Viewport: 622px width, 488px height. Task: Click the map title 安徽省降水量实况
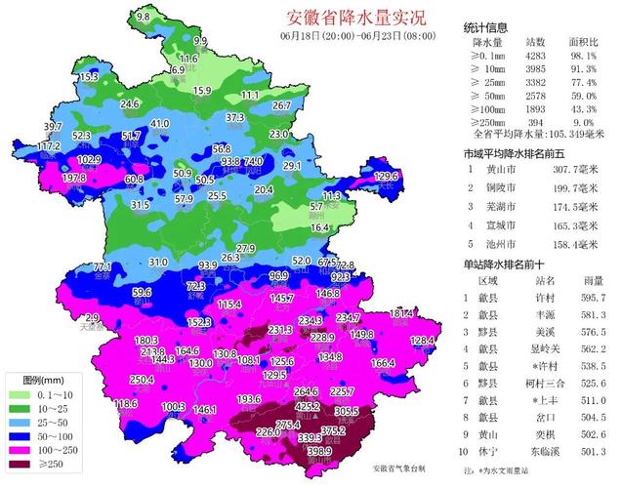tap(342, 19)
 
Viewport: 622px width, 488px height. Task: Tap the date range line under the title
tap(342, 36)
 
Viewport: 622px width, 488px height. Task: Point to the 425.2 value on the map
tap(308, 406)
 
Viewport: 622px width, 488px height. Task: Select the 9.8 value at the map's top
tap(144, 18)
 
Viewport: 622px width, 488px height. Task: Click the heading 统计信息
tap(489, 27)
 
